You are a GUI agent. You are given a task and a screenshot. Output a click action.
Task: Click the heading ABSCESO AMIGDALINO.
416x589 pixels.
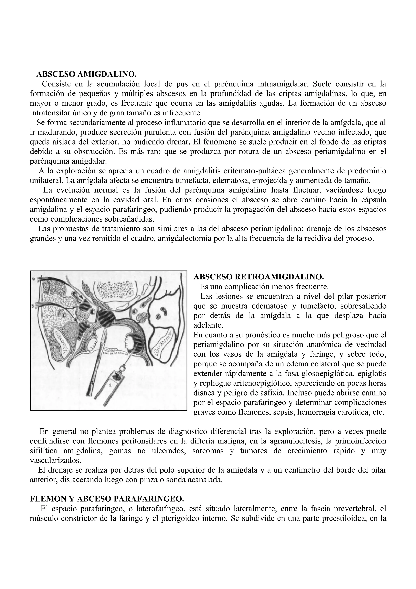click(x=86, y=74)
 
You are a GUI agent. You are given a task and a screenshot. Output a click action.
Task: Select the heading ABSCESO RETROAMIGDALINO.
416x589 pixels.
click(x=259, y=277)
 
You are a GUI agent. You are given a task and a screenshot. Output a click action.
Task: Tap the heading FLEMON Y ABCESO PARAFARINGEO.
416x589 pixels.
click(x=107, y=499)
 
